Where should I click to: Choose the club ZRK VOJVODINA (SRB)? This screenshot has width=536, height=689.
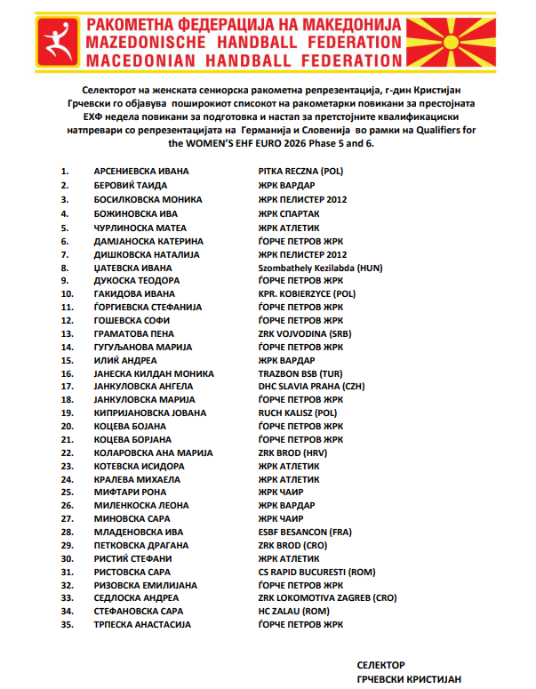point(305,332)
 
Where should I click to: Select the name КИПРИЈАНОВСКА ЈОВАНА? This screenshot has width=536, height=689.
point(148,413)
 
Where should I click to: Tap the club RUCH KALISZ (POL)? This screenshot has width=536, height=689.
point(298,413)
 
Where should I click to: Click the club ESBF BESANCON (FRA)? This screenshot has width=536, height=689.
point(305,532)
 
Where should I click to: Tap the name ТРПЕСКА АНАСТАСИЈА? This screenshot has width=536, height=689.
point(142,625)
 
